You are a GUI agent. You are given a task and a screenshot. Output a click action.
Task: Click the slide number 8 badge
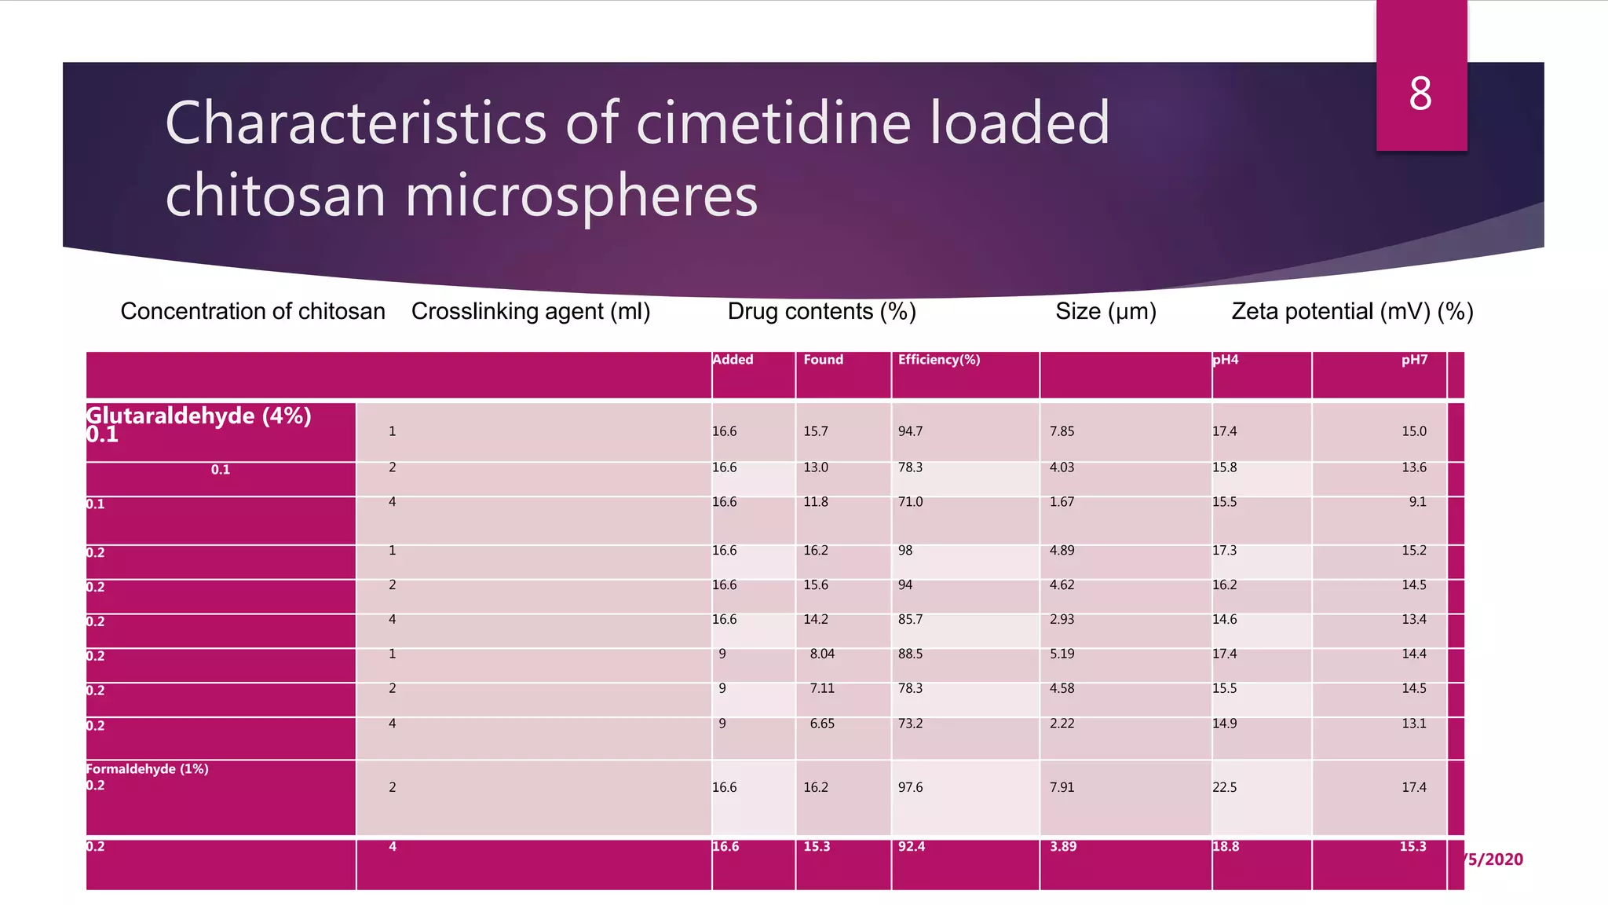1420,94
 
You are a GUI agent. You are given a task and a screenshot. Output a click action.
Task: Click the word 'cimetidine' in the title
773,123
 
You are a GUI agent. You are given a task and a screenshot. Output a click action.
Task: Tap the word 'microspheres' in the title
581,196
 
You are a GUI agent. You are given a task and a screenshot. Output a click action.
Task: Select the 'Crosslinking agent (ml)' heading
531,312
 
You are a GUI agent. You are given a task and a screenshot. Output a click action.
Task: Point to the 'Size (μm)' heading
1105,312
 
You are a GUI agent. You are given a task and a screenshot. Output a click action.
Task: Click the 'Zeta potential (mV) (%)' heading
1352,312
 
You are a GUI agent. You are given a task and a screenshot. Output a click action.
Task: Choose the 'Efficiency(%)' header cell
939,360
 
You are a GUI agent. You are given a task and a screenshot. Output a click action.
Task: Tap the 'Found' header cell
823,360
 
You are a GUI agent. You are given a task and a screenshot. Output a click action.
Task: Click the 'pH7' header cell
1414,360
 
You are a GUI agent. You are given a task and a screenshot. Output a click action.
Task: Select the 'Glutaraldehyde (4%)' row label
199,416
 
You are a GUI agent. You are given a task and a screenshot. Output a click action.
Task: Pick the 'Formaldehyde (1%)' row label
148,769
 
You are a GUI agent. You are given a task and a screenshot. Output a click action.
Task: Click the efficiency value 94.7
910,431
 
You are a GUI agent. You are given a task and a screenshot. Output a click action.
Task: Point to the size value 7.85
1062,431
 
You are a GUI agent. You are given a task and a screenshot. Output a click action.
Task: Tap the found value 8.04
822,654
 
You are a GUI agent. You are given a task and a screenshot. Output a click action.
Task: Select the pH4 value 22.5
1224,787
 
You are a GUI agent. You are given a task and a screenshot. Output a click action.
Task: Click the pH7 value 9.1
1417,502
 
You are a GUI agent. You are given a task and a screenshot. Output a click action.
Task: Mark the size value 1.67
1062,502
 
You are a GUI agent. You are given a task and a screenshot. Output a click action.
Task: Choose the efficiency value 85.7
910,620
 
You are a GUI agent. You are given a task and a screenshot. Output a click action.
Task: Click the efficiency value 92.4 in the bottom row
911,847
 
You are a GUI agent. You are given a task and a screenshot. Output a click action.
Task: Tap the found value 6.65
822,724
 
